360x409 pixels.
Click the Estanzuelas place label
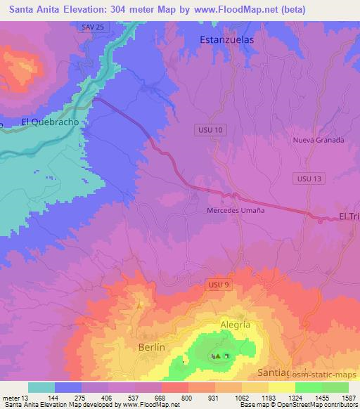[x=226, y=40]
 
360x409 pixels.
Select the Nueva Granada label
[x=319, y=140]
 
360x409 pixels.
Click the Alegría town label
[x=235, y=325]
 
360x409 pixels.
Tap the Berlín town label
[x=151, y=347]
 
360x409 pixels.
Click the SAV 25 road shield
[x=88, y=26]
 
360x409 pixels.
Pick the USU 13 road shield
[x=309, y=179]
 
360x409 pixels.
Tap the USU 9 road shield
[x=217, y=284]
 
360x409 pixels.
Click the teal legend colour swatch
[x=41, y=387]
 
